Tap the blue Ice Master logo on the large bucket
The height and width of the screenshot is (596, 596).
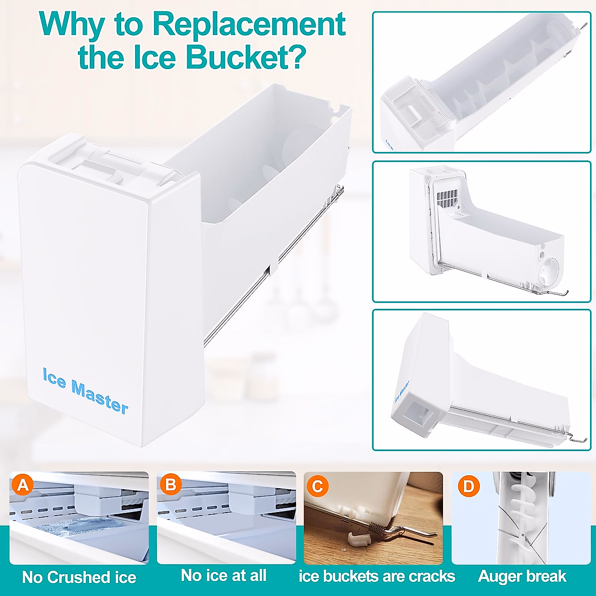pos(85,390)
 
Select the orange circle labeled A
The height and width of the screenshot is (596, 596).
pos(23,485)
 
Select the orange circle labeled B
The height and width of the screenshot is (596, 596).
pos(170,485)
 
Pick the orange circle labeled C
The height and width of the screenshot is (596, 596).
pos(318,485)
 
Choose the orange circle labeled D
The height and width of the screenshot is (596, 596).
pos(468,486)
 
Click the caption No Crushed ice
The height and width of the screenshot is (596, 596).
pos(79,577)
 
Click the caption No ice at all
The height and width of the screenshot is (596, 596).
pos(224,575)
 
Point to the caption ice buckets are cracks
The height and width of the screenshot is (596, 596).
pos(377,576)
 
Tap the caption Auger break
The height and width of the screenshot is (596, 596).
pos(522,576)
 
